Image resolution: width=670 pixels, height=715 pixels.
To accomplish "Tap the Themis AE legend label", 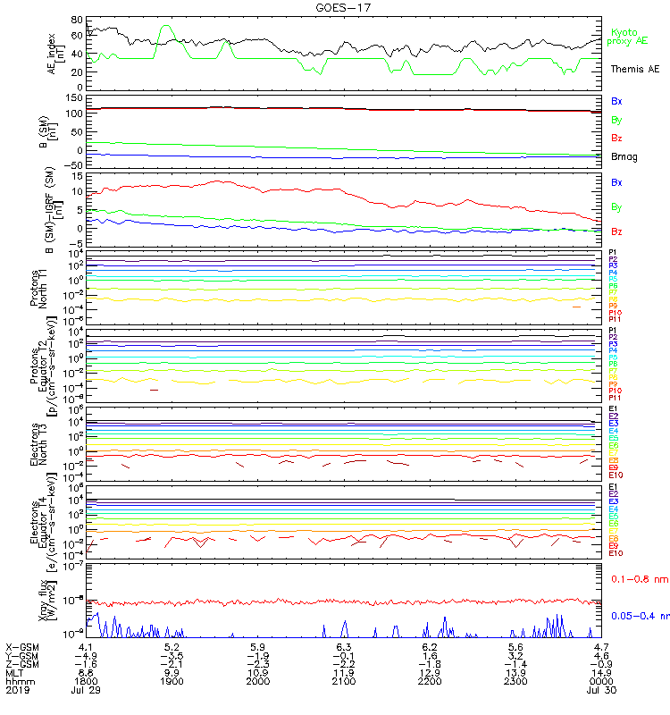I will (x=634, y=69).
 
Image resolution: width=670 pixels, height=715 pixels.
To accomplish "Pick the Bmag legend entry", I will (x=623, y=156).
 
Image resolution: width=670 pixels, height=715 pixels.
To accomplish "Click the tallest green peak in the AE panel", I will (x=165, y=27).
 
